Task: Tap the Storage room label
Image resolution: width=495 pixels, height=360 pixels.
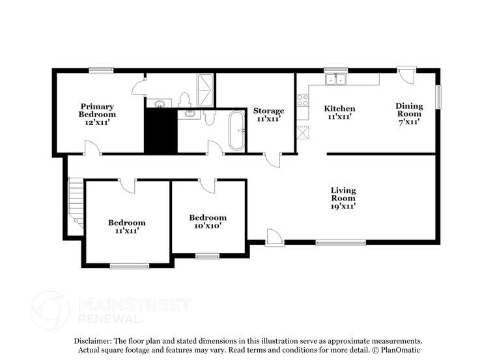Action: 268,115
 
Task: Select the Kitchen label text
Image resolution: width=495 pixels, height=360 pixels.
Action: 340,113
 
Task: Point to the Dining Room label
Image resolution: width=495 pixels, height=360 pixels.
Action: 409,113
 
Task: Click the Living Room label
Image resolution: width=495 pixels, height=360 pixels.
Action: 343,197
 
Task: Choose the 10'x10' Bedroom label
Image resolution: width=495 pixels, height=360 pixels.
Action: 208,221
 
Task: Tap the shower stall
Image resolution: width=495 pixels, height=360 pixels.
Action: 205,90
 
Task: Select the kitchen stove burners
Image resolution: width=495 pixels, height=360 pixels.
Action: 303,100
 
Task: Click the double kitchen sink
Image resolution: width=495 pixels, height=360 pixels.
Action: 337,79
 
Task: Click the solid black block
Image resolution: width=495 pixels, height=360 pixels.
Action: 160,132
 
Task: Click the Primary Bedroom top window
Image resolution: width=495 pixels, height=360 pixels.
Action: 102,70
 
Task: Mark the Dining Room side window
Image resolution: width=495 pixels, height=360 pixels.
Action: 438,98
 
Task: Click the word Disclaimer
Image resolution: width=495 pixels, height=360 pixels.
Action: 92,340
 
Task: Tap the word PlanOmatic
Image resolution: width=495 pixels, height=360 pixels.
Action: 400,350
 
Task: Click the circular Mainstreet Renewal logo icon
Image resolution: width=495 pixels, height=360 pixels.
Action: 50,310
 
